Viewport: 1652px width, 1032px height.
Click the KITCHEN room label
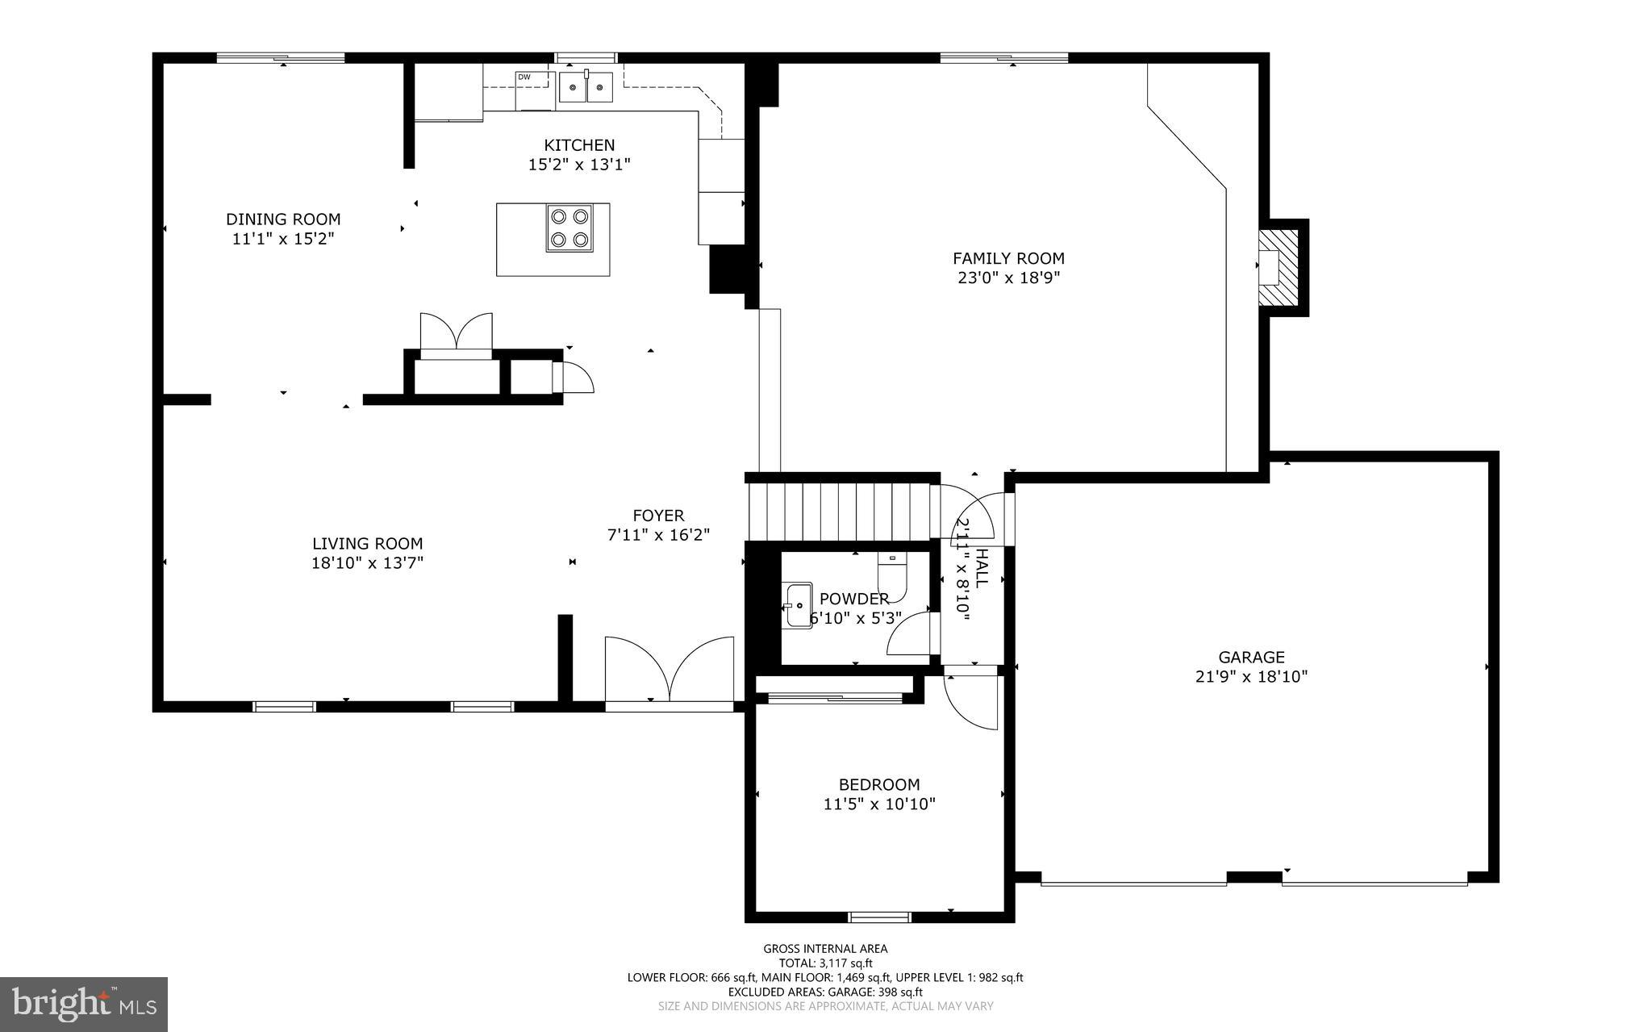coord(579,145)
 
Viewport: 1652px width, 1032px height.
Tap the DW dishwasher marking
coord(524,77)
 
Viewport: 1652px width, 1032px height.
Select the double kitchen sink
coord(586,87)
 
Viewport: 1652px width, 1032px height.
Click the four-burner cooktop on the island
coord(569,228)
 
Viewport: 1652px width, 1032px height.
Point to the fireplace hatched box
coord(1281,268)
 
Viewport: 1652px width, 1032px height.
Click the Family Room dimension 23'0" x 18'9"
coord(1008,278)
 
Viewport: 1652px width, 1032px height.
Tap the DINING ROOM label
coord(283,219)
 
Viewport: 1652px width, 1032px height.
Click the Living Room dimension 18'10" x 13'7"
coord(367,563)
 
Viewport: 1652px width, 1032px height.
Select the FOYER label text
coord(658,516)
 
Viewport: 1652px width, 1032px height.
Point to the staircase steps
coord(839,512)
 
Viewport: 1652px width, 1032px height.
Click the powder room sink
coord(798,605)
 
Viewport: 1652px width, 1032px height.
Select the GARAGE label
coord(1251,658)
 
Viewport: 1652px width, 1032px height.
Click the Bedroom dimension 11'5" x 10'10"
coord(879,804)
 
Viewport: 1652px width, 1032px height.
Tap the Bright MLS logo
coord(84,1004)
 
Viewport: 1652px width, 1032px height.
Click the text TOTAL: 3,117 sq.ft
coord(825,963)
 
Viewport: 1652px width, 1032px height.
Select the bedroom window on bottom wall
coord(879,917)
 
